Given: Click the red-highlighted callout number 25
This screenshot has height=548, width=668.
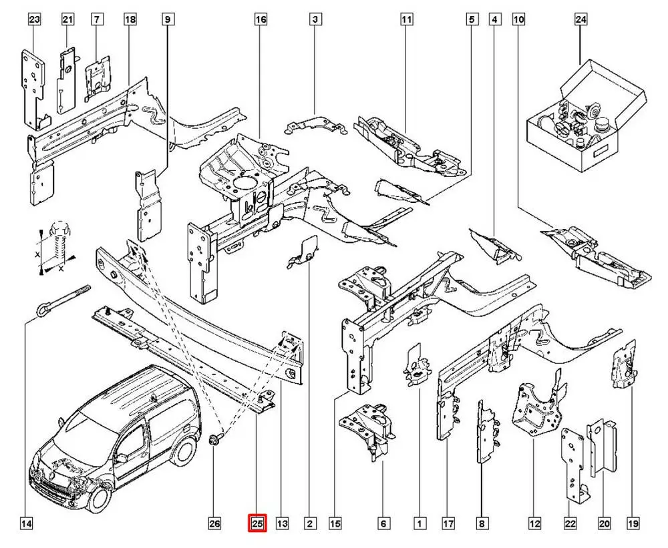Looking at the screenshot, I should (x=257, y=524).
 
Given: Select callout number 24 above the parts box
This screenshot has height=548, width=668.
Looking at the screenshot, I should (x=580, y=20).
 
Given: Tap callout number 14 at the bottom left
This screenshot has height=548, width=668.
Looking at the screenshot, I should (x=26, y=524).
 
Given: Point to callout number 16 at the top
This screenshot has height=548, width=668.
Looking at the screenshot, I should (x=261, y=20).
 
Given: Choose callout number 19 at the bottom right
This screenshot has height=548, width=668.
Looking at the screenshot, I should (x=631, y=524).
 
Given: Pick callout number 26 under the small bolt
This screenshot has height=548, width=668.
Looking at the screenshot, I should (x=214, y=524).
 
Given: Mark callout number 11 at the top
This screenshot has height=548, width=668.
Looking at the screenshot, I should (x=405, y=20).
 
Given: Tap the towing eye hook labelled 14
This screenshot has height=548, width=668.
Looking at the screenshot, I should (x=60, y=299).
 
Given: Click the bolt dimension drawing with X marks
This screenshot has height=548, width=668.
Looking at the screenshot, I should (x=56, y=250).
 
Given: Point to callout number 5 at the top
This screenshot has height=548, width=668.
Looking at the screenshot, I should (x=471, y=20).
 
